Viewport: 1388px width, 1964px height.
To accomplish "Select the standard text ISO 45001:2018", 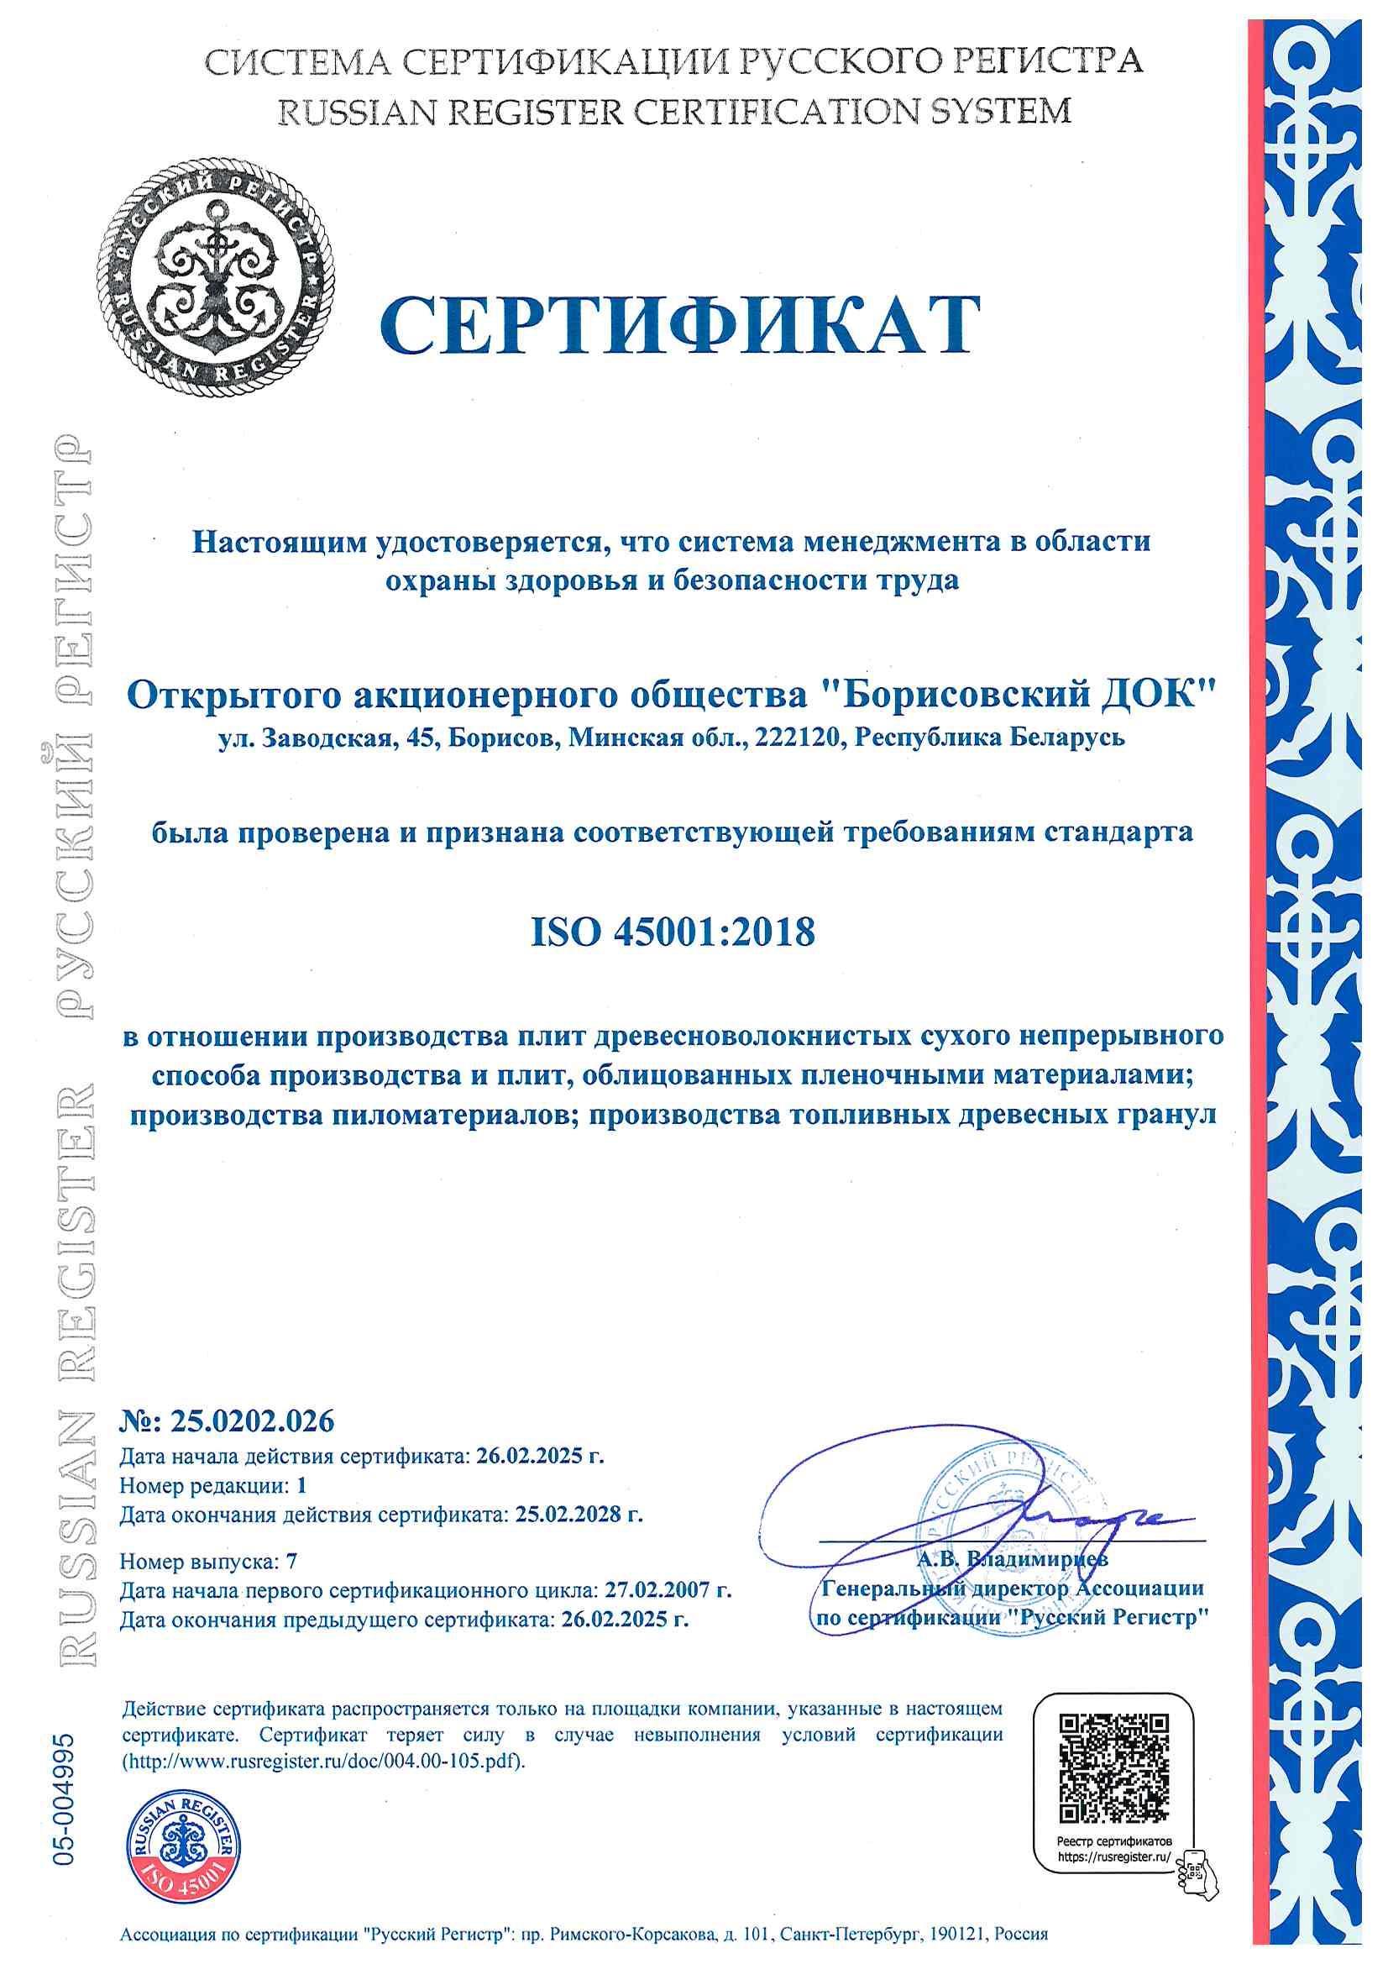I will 674,932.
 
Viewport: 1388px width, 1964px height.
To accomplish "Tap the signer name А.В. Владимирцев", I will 1013,1558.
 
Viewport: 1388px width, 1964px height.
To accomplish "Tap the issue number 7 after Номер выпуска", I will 291,1561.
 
